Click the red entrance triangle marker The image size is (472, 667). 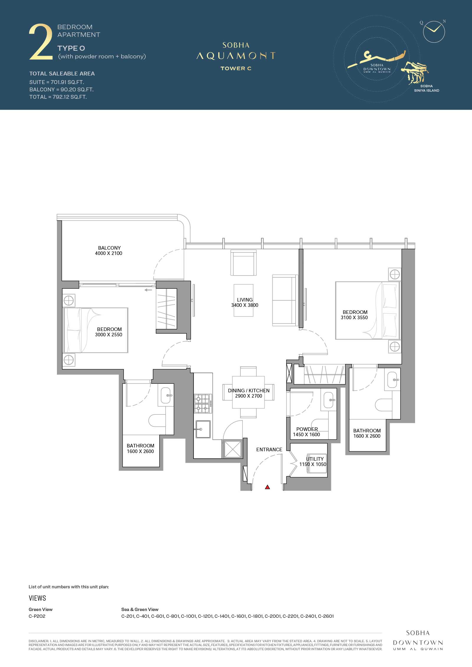(268, 487)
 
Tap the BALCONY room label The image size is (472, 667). (109, 248)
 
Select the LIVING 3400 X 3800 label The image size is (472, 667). (245, 302)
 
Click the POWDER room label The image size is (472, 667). (307, 429)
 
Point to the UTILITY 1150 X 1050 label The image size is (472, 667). (313, 462)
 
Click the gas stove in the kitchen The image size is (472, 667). (203, 404)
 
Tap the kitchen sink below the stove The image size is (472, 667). (203, 429)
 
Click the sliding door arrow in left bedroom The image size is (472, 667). (148, 290)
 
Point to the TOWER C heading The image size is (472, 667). (236, 68)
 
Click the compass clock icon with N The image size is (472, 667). (434, 32)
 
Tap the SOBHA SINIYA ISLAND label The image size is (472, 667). (427, 88)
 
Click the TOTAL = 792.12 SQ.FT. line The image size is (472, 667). (58, 97)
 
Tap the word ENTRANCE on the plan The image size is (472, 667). (269, 449)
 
